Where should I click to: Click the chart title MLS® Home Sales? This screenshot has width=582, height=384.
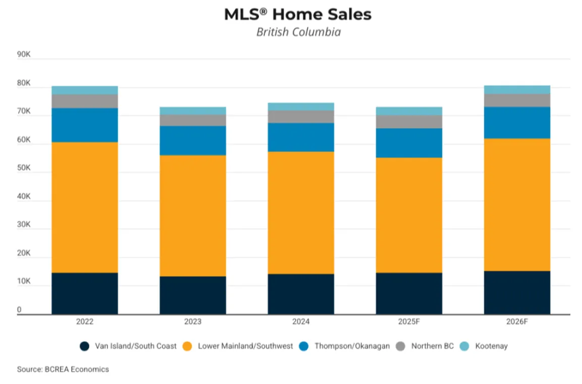tap(298, 15)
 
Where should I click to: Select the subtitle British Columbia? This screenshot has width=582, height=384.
tap(298, 32)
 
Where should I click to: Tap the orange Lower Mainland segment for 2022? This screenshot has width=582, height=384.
tap(85, 207)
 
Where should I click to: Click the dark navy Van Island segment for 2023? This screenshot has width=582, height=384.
tap(193, 295)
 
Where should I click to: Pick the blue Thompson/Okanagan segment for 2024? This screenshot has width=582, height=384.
tap(301, 137)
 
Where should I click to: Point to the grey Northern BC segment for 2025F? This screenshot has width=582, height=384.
tap(409, 121)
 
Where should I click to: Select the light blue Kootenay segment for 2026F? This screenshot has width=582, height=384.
tap(517, 89)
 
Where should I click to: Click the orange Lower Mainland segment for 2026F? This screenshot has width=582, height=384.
tap(517, 205)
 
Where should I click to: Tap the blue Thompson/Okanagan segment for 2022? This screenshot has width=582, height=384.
tap(85, 125)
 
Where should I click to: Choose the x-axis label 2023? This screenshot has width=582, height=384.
tap(193, 321)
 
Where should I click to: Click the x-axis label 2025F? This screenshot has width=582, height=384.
tap(409, 321)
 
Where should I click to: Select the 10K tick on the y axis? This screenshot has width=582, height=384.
tap(24, 281)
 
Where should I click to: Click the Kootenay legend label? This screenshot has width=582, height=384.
tap(491, 346)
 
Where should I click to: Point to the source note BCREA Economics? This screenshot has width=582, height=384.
tap(63, 369)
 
